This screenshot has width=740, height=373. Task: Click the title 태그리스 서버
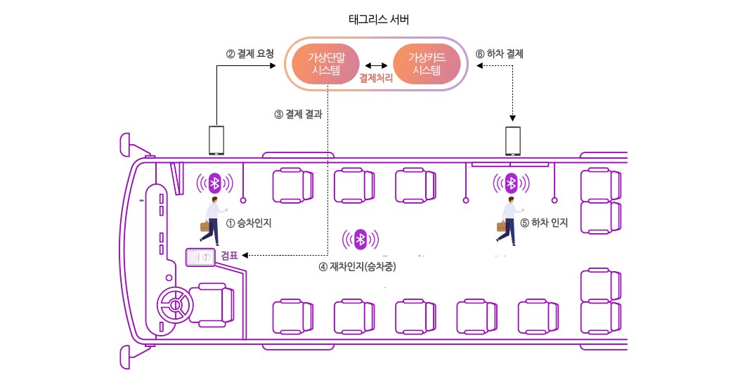click(x=379, y=20)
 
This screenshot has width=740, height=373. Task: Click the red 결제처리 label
click(x=376, y=79)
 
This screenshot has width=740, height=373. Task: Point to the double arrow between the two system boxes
click(x=376, y=65)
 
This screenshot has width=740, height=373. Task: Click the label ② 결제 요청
click(x=249, y=53)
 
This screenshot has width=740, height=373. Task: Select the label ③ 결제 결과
click(x=298, y=114)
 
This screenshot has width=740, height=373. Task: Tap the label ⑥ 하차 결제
click(x=500, y=53)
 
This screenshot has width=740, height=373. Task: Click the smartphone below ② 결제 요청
click(x=216, y=140)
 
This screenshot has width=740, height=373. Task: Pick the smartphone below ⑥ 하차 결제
click(x=514, y=140)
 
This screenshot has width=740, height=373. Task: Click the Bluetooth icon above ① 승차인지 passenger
click(x=216, y=183)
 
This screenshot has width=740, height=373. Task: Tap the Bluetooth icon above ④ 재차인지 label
click(x=361, y=240)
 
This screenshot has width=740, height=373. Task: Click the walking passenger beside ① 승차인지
click(x=212, y=220)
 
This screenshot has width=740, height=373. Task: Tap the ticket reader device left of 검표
click(x=199, y=258)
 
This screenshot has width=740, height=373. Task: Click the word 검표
click(x=230, y=256)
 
